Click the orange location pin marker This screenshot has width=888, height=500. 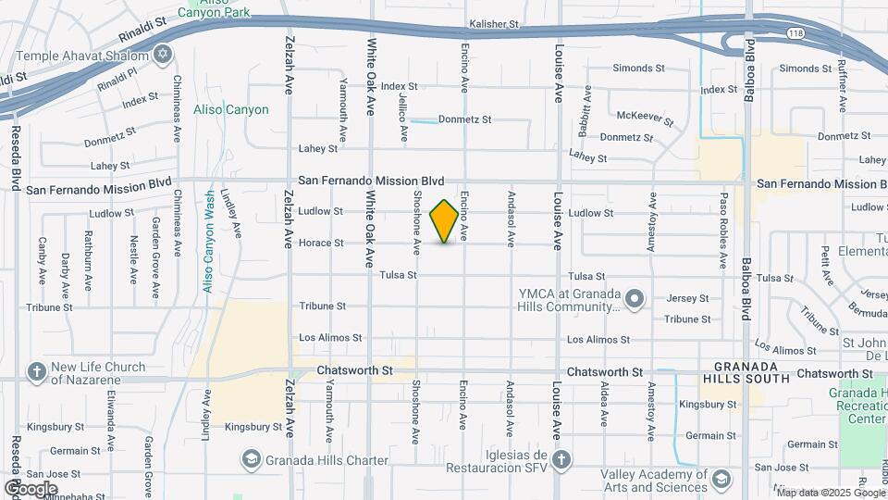click(445, 220)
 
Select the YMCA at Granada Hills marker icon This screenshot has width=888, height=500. click(634, 299)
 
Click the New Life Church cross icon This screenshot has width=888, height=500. click(36, 372)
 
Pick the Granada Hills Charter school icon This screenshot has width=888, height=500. click(251, 459)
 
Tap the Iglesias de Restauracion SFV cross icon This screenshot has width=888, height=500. click(561, 460)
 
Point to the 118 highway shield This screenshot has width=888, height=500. click(795, 32)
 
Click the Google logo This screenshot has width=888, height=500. click(31, 488)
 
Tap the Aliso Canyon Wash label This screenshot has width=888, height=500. click(210, 242)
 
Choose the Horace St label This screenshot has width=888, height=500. click(321, 244)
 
